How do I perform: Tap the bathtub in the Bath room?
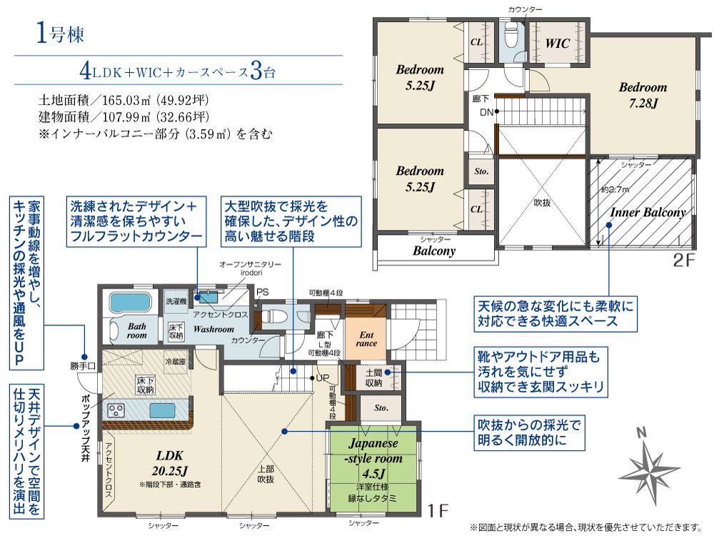click(x=129, y=303)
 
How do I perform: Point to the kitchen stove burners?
click(x=116, y=410)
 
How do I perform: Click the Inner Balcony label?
click(x=647, y=213)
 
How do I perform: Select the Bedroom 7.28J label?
click(x=643, y=95)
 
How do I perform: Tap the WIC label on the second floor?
click(x=558, y=44)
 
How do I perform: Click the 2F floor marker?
click(x=683, y=259)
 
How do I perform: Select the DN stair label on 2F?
click(x=486, y=112)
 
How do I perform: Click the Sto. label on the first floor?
click(x=380, y=409)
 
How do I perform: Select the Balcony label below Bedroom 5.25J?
click(x=434, y=251)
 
